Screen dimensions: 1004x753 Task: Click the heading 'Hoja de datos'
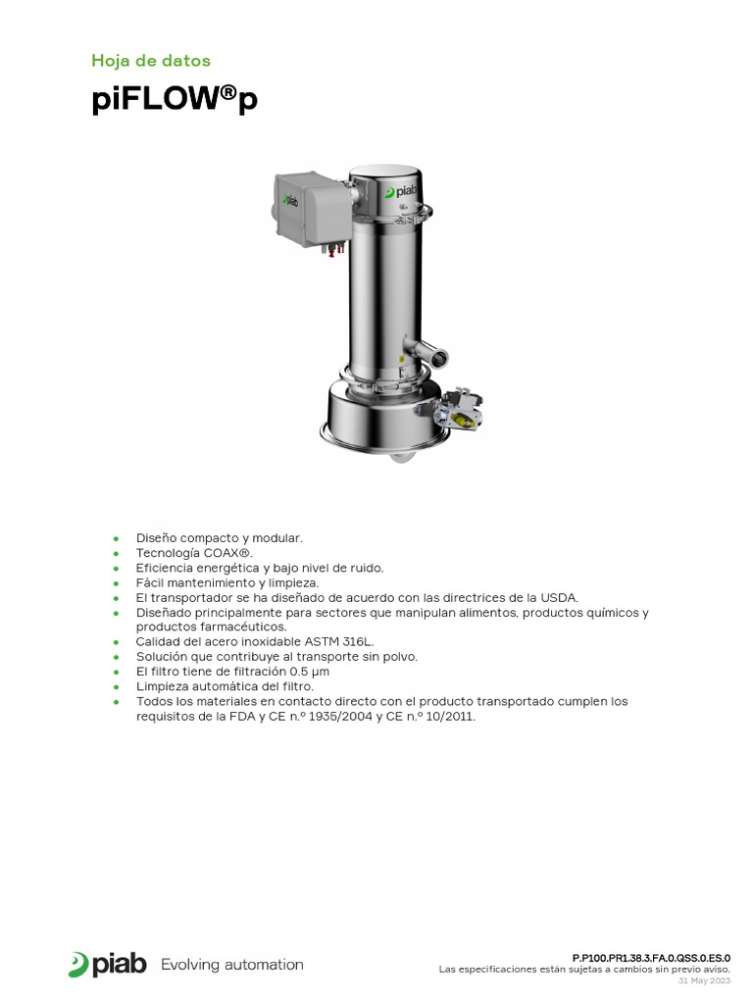(x=150, y=61)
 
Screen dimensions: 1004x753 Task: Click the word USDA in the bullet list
(x=559, y=597)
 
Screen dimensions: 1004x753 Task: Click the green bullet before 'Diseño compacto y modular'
(x=116, y=538)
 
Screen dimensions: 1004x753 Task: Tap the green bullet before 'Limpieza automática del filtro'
(x=116, y=686)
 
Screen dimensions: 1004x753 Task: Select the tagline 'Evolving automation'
(x=231, y=965)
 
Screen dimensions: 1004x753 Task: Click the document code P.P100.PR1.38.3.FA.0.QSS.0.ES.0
(x=651, y=957)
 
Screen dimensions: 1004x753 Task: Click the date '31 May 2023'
(x=704, y=980)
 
